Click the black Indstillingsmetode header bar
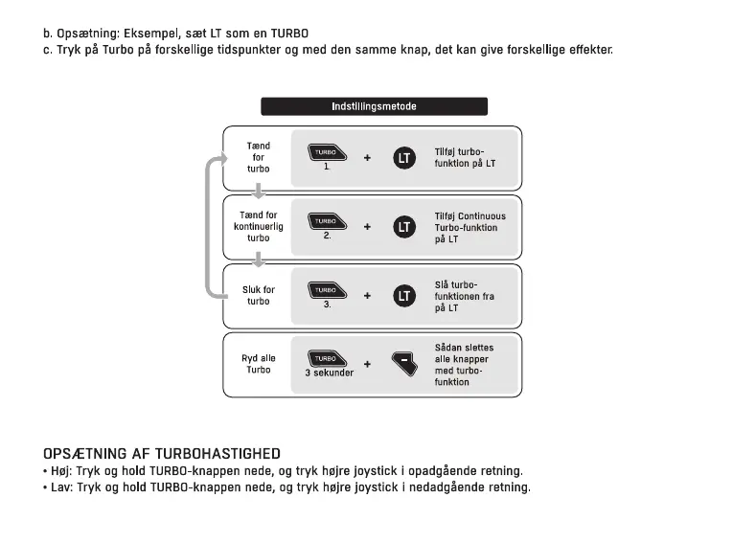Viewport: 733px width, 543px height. pyautogui.click(x=374, y=106)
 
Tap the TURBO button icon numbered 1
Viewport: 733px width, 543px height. pyautogui.click(x=326, y=153)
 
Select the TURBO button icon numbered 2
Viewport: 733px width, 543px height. pyautogui.click(x=326, y=221)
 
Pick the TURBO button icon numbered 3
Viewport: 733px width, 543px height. pyautogui.click(x=326, y=289)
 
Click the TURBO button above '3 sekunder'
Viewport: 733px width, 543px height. pyautogui.click(x=326, y=358)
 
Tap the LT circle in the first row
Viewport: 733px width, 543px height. pyautogui.click(x=404, y=158)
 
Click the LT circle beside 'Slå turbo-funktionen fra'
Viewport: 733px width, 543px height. pyautogui.click(x=404, y=296)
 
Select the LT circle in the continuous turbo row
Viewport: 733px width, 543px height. pyautogui.click(x=404, y=227)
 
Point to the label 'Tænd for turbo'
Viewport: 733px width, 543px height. pyautogui.click(x=259, y=158)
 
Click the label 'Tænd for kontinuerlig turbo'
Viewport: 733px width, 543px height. pyautogui.click(x=259, y=227)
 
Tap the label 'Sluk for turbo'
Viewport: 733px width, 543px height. pyautogui.click(x=259, y=295)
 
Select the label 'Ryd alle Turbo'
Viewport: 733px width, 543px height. pyautogui.click(x=259, y=364)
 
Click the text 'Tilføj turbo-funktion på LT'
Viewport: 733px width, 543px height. pyautogui.click(x=465, y=158)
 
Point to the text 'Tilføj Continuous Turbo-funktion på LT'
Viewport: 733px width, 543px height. pyautogui.click(x=470, y=228)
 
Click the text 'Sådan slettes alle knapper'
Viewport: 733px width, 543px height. pyautogui.click(x=464, y=353)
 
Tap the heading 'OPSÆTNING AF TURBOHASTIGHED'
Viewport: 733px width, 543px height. pyautogui.click(x=162, y=454)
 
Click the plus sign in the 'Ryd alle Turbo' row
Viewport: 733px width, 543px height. pyautogui.click(x=367, y=365)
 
